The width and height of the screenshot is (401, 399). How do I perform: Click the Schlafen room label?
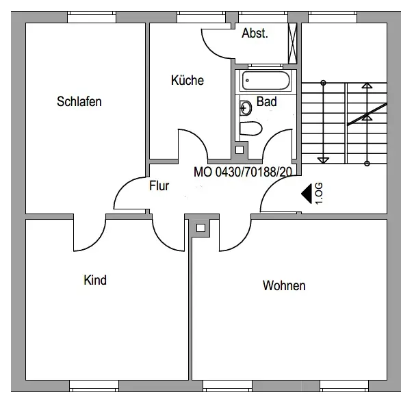click(79, 101)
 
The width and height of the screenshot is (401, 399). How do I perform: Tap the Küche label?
click(187, 80)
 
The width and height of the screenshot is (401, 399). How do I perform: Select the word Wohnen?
click(284, 285)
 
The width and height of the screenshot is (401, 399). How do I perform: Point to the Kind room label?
click(95, 280)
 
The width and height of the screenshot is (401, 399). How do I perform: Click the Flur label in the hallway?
click(159, 186)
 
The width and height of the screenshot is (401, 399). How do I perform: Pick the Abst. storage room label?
click(255, 34)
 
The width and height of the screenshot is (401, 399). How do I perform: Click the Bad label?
click(266, 101)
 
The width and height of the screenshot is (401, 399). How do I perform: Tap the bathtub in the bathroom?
click(266, 81)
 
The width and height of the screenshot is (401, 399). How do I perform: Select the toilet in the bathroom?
click(251, 129)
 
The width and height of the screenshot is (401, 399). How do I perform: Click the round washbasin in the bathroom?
click(246, 108)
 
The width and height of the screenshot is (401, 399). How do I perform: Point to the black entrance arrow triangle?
click(307, 194)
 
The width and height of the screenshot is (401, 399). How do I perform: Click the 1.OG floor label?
click(319, 194)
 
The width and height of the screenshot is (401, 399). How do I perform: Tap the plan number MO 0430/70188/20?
click(243, 172)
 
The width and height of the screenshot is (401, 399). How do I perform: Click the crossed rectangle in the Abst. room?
click(292, 44)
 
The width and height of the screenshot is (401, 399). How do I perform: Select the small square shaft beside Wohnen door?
click(200, 228)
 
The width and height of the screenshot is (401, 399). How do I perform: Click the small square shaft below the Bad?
click(240, 150)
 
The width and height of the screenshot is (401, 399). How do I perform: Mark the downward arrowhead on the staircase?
click(323, 160)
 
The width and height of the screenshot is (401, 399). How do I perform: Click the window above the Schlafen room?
click(92, 17)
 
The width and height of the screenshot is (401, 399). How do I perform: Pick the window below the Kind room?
click(94, 386)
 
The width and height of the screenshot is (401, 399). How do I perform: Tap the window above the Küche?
click(201, 17)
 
